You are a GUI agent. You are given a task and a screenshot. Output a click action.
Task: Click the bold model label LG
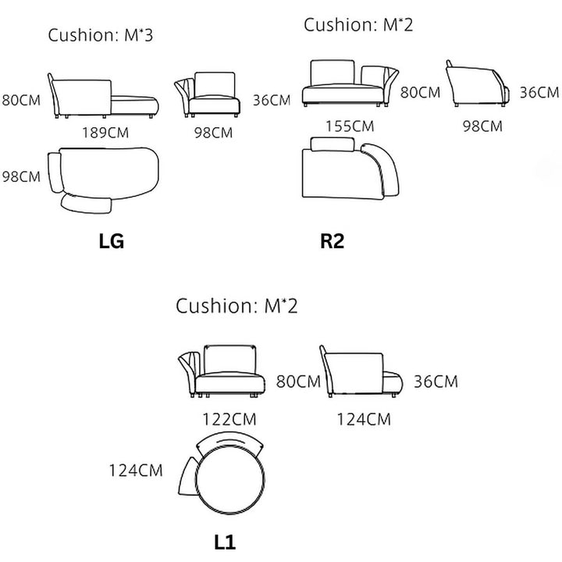point(112,241)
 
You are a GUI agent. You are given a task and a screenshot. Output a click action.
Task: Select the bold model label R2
point(333,241)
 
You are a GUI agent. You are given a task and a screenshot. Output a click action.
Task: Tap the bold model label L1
point(225,542)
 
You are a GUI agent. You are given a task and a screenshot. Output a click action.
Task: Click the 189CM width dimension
point(105,133)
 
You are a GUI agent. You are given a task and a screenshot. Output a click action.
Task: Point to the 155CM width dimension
point(350,126)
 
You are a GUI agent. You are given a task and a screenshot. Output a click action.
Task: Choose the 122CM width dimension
point(229,419)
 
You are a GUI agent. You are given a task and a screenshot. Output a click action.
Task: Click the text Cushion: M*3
point(101,35)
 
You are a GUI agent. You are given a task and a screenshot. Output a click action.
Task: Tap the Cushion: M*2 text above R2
point(358,25)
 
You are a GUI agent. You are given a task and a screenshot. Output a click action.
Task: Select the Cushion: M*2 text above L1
point(237,306)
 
